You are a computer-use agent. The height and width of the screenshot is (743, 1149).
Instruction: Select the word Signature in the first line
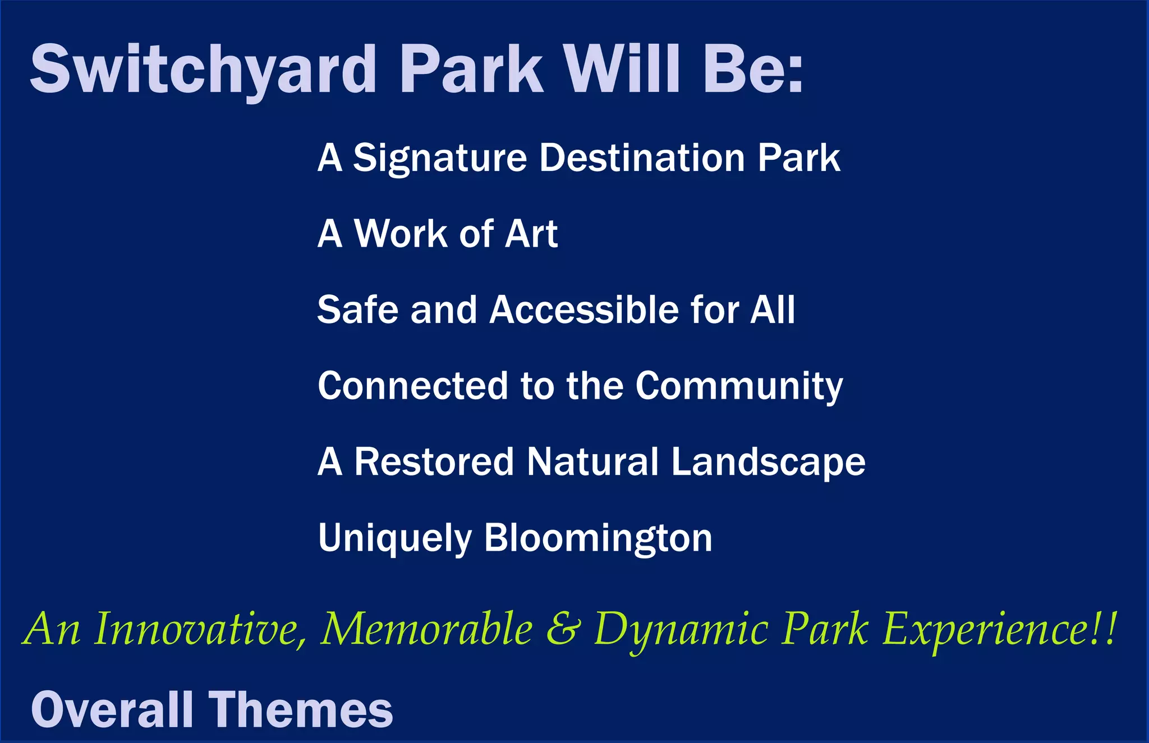click(x=440, y=158)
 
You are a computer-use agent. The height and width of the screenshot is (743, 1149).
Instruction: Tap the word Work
click(x=401, y=234)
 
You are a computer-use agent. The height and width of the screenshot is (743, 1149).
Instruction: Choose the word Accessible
click(x=584, y=310)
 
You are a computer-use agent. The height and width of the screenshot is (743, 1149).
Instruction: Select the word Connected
click(x=413, y=386)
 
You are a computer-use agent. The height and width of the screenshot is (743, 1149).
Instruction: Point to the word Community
click(x=739, y=387)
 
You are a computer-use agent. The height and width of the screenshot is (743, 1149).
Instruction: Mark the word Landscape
click(x=768, y=463)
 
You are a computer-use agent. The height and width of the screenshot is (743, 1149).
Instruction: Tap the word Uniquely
click(x=394, y=538)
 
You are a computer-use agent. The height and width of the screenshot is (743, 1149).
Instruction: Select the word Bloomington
click(x=598, y=538)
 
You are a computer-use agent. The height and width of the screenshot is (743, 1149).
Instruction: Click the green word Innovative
click(x=200, y=629)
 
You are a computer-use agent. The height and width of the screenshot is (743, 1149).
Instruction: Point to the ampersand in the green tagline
click(x=563, y=629)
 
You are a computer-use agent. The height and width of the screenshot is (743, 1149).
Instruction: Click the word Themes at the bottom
click(x=301, y=709)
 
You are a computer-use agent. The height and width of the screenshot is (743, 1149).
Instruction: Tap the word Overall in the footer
click(x=112, y=709)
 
